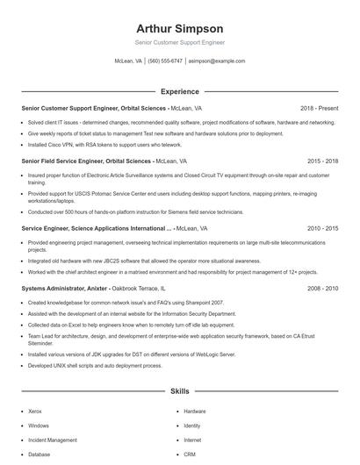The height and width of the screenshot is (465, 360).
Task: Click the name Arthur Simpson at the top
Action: (179, 28)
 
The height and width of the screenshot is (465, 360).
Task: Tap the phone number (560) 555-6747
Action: (165, 61)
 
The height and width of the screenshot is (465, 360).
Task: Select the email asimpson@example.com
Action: (217, 61)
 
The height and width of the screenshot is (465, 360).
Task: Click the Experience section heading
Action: (179, 91)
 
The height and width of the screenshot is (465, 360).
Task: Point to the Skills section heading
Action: (179, 390)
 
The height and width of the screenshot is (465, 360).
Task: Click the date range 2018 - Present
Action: (319, 108)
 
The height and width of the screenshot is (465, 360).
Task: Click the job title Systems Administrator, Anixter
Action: (64, 287)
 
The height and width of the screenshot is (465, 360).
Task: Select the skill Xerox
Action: (35, 411)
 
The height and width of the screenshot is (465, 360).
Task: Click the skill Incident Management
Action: (53, 440)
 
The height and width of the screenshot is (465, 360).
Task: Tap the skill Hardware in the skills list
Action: (195, 411)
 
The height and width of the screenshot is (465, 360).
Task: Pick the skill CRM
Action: (190, 454)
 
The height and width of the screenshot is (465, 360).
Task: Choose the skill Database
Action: (40, 454)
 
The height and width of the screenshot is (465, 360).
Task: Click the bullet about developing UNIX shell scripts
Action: (97, 365)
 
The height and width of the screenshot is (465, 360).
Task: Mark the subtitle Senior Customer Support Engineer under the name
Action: (179, 42)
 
